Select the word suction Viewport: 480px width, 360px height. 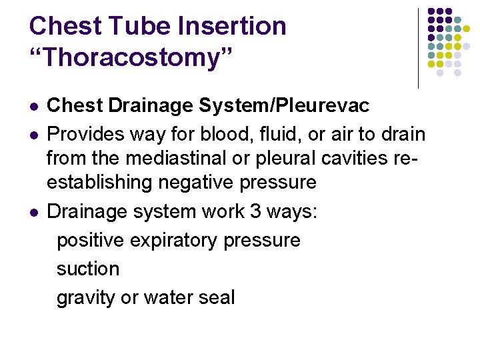(x=88, y=269)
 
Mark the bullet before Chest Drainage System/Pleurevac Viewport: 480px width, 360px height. (x=33, y=107)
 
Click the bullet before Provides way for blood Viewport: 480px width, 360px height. (x=33, y=135)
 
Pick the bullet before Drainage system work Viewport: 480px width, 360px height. (x=33, y=213)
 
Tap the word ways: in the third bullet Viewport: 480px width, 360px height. (x=295, y=213)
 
